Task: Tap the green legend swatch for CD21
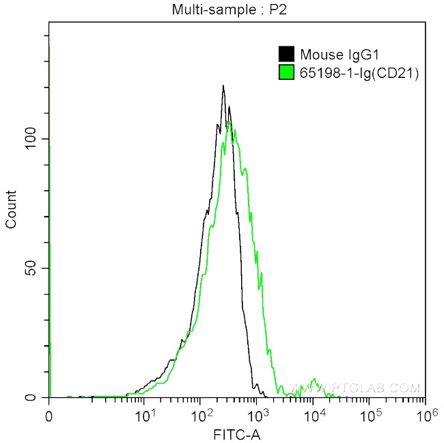point(286,72)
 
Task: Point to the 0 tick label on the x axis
point(48,415)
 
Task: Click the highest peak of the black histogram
point(223,86)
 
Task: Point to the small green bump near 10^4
point(314,380)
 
